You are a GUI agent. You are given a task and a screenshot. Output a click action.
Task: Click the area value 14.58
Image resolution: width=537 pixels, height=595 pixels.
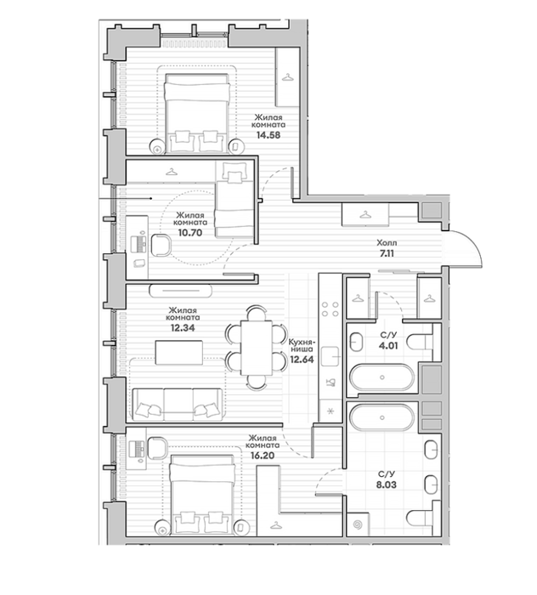pos(268,134)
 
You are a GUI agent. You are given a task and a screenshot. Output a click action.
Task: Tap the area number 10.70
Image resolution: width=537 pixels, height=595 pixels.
pos(190,233)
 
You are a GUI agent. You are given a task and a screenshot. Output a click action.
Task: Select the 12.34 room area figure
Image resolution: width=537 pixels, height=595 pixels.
pos(183,327)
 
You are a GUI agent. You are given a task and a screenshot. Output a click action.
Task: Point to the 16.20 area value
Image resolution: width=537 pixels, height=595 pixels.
pos(262,456)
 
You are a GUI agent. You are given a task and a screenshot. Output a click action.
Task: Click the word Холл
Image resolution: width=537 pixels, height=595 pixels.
pos(387,242)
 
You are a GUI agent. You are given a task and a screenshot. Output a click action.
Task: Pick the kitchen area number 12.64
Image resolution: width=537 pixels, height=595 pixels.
pos(302,359)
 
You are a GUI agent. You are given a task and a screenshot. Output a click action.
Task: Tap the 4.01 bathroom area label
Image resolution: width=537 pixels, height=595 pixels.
pos(388,346)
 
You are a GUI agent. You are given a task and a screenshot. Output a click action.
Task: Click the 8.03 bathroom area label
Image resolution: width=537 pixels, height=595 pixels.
pos(387,484)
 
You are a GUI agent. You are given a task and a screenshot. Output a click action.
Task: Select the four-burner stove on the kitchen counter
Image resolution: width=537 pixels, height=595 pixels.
pos(330,309)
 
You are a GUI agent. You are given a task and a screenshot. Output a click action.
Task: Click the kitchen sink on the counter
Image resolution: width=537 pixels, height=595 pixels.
pos(330,356)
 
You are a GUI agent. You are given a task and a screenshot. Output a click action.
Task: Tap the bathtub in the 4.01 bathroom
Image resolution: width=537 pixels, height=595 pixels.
pos(382,377)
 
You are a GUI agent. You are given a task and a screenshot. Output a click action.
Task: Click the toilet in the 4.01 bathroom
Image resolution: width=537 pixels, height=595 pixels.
pos(420,342)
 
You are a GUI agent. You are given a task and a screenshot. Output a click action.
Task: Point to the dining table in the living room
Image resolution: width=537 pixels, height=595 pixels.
pos(257,348)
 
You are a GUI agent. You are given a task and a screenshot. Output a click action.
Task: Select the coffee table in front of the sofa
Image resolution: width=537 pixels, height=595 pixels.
pos(179,352)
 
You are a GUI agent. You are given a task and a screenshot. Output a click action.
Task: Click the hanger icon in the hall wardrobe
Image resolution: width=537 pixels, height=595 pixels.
pos(365,215)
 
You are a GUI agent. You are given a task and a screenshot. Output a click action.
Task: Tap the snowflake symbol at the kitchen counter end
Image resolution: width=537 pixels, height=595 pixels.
pos(330,411)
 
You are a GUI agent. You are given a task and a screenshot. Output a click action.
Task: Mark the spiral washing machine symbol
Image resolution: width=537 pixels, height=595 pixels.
pos(358,524)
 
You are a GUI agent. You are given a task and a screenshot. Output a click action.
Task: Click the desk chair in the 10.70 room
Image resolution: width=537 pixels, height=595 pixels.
pos(161,245)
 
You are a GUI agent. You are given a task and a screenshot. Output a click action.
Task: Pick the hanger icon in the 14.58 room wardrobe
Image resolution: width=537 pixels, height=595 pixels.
pos(288,77)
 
